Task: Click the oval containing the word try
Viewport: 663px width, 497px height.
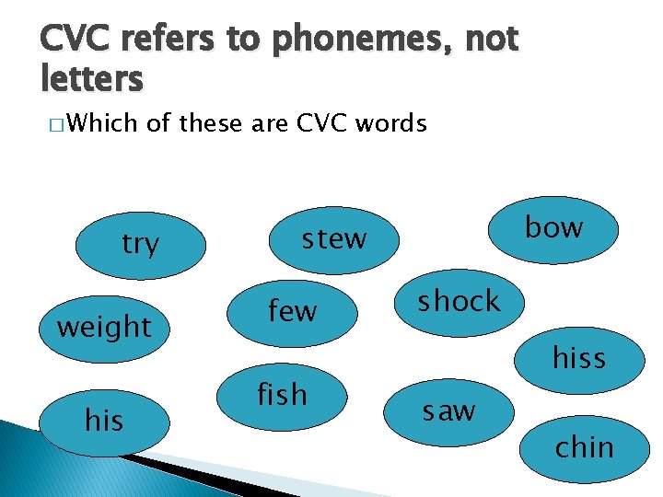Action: coord(140,244)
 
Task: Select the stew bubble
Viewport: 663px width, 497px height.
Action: coord(334,239)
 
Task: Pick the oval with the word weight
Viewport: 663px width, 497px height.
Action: coord(104,326)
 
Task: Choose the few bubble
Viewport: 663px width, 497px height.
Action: coord(292,311)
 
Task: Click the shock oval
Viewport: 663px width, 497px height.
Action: coord(459,301)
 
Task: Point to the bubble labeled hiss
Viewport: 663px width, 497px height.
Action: coord(578,356)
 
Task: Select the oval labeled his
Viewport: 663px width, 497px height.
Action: coord(103,421)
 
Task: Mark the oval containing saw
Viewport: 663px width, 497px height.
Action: coord(449,410)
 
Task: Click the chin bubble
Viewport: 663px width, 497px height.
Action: coord(584,447)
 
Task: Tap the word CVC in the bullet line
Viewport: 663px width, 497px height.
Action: coord(319,123)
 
